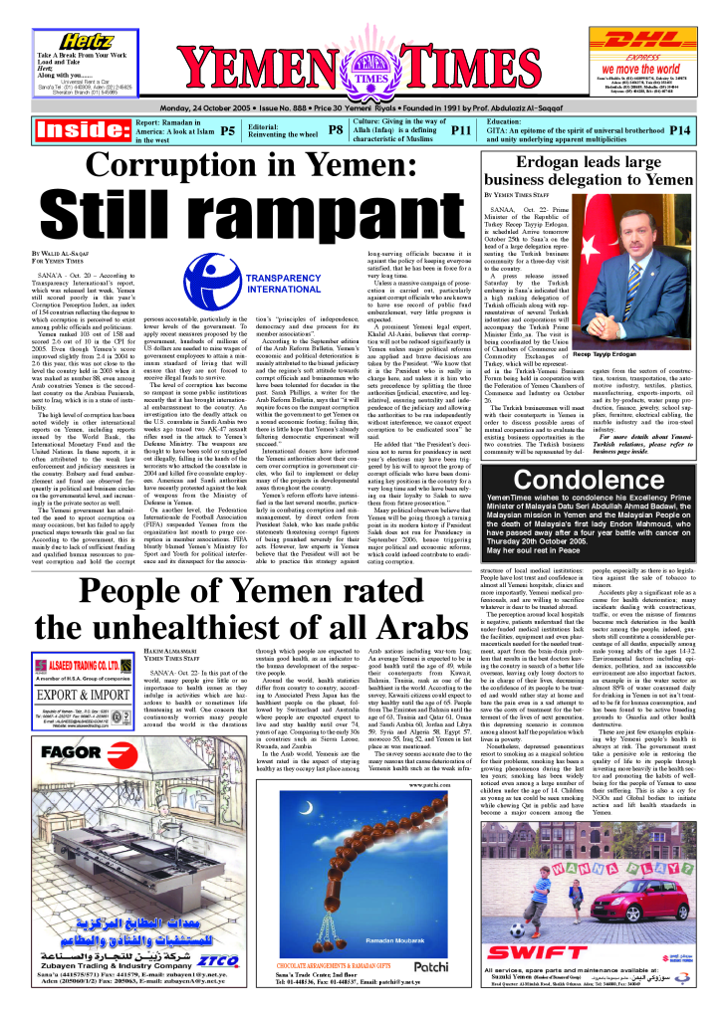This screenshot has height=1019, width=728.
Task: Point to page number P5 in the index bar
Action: (228, 129)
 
